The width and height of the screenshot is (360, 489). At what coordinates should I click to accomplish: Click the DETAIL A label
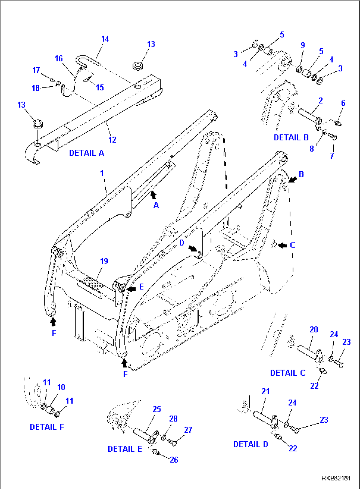[87, 153]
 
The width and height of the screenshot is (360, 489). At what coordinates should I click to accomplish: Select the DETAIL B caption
[291, 138]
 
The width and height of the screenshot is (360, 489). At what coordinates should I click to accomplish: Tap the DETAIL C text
[288, 373]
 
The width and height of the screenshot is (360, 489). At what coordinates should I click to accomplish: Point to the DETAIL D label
[251, 444]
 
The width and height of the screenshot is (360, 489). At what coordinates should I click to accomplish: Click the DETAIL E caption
[125, 449]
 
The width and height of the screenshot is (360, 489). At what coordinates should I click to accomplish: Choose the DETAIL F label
[47, 427]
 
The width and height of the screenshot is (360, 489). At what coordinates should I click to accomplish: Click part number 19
[104, 261]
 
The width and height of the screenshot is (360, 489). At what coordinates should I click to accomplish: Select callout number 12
[112, 140]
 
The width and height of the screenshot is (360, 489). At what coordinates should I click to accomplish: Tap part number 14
[105, 39]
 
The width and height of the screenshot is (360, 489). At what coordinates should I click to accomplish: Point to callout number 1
[102, 173]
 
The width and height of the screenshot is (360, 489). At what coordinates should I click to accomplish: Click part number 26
[174, 460]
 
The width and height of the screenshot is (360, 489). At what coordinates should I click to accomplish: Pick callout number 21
[266, 391]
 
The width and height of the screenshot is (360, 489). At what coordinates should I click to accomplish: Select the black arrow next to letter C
[282, 245]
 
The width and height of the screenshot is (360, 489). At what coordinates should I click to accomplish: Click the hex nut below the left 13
[37, 124]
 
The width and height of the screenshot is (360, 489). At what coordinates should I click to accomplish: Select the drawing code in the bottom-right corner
[336, 478]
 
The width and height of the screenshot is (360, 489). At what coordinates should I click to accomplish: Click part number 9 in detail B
[303, 45]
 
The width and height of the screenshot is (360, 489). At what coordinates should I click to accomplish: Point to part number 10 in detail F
[61, 387]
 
